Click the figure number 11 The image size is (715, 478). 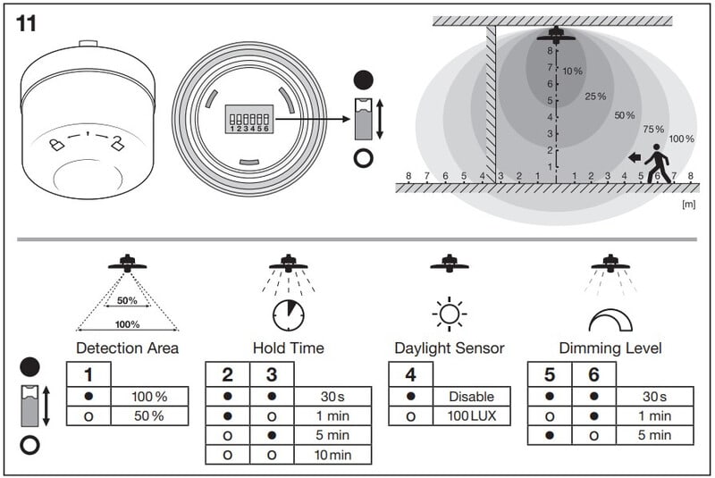click(26, 24)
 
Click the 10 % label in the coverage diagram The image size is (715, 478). click(573, 71)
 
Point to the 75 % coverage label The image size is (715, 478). click(653, 129)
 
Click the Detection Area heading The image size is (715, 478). click(127, 348)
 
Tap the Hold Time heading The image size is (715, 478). click(288, 348)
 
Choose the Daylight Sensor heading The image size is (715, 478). click(449, 348)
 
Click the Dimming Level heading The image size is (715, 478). click(610, 348)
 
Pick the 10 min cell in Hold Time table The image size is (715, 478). click(332, 455)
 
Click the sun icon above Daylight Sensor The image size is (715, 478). click(449, 314)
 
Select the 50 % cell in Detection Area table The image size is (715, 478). click(149, 415)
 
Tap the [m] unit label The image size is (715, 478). click(687, 205)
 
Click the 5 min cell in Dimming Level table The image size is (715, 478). click(654, 435)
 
